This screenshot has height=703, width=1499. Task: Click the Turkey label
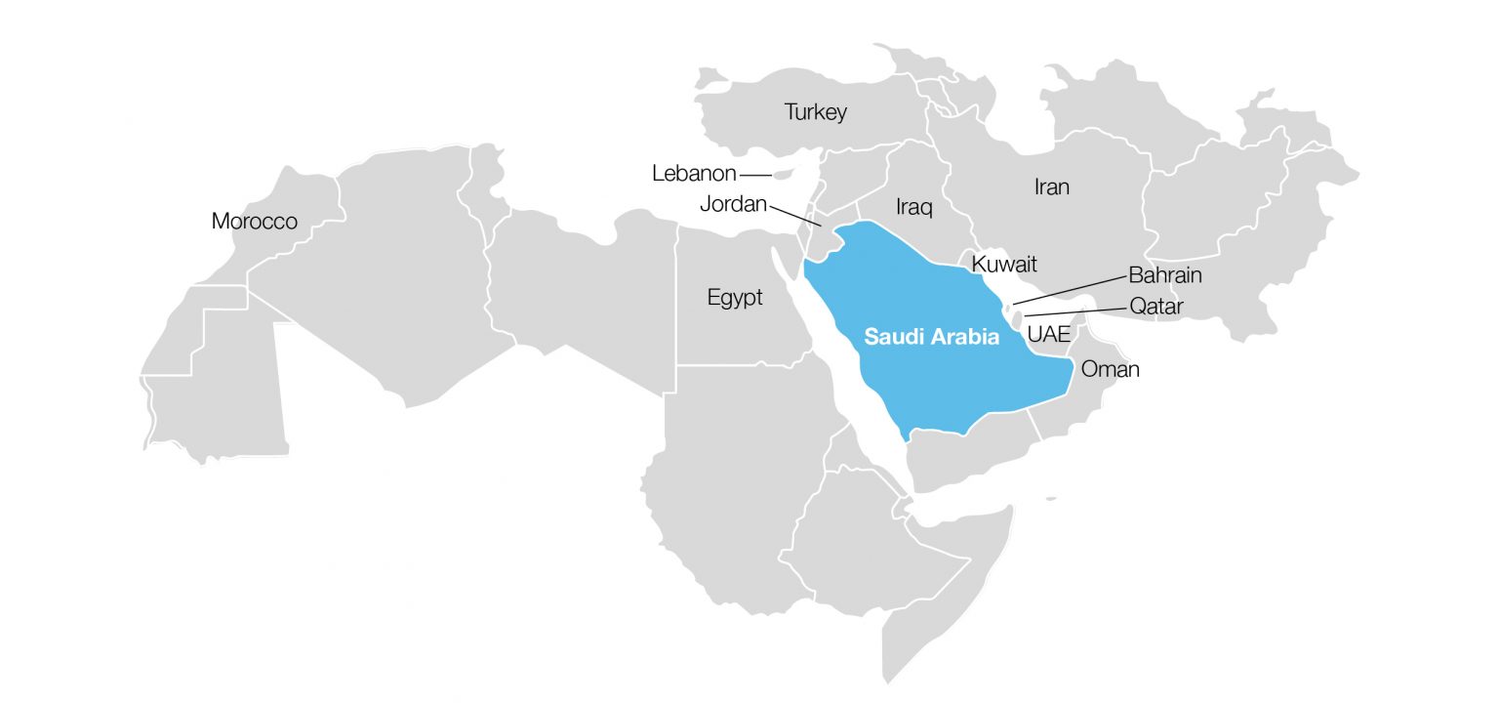pos(816,112)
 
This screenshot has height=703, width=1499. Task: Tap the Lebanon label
pos(694,174)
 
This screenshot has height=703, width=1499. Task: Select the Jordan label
pos(734,205)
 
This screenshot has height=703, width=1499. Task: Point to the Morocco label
pos(255,222)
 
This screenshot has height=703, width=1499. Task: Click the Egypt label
pos(735,298)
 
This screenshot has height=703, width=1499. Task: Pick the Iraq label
pos(914,207)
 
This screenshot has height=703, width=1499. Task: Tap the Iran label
pos(1051,186)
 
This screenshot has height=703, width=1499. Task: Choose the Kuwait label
pos(1004,264)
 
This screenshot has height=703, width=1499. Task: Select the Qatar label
pos(1156,307)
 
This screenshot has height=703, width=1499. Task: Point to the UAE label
pos(1049,334)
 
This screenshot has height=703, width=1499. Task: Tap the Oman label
pos(1111,370)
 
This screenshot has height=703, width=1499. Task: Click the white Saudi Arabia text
pos(932,338)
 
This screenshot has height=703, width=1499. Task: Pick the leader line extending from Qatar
pos(1074,312)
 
